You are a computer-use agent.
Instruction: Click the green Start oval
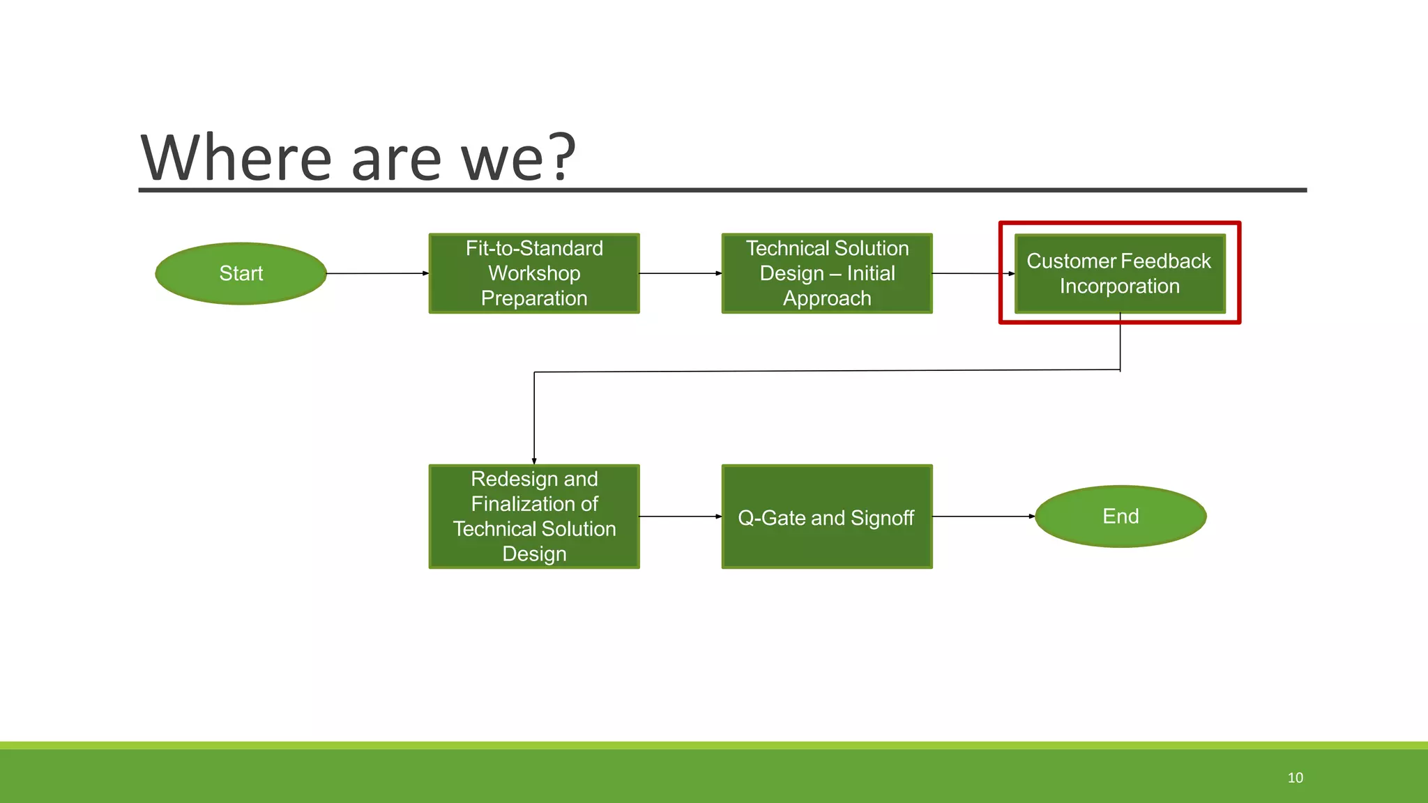pyautogui.click(x=241, y=273)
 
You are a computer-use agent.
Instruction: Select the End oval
pyautogui.click(x=1121, y=517)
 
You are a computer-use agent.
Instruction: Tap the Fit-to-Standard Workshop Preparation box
pyautogui.click(x=534, y=273)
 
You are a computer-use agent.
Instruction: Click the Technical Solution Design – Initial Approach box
pyautogui.click(x=827, y=273)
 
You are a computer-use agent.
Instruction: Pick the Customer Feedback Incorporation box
pyautogui.click(x=1120, y=273)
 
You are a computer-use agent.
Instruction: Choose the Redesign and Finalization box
pyautogui.click(x=534, y=517)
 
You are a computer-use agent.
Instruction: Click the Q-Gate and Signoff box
pyautogui.click(x=827, y=517)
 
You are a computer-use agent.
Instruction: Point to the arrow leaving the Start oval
pyautogui.click(x=377, y=273)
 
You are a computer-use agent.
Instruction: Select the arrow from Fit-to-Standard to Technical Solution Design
pyautogui.click(x=680, y=273)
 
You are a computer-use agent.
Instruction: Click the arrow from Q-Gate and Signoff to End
pyautogui.click(x=983, y=517)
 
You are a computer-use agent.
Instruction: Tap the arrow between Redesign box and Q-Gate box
pyautogui.click(x=680, y=517)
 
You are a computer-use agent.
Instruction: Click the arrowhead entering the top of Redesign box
pyautogui.click(x=534, y=460)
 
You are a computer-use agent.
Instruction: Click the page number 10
pyautogui.click(x=1295, y=778)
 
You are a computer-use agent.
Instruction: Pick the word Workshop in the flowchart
pyautogui.click(x=534, y=273)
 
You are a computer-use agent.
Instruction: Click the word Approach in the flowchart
pyautogui.click(x=827, y=298)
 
